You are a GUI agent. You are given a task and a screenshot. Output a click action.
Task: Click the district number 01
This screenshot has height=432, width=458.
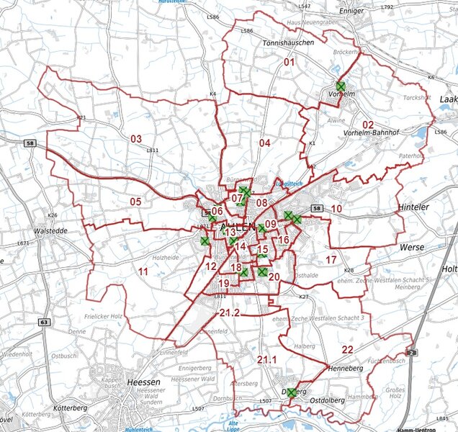[x=289, y=63]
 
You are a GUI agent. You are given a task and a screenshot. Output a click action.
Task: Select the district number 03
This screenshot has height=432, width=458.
[x=136, y=138]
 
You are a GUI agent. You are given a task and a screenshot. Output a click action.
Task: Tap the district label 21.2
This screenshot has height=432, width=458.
[x=230, y=312]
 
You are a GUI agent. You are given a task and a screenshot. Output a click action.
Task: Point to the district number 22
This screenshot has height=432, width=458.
[x=347, y=349]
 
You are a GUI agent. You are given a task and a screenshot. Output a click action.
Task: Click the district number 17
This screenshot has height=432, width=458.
[x=331, y=259]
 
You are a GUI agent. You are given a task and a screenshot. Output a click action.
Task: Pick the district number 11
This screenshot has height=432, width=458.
[x=143, y=271]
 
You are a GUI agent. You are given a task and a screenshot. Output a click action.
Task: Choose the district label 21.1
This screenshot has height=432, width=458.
[x=266, y=359]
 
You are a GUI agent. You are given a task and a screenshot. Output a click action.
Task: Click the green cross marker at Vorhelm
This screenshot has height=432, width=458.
[x=341, y=86]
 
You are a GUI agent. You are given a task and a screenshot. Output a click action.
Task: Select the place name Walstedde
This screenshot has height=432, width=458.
[x=50, y=232]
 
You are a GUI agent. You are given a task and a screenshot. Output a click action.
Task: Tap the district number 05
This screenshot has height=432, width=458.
[x=135, y=202]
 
